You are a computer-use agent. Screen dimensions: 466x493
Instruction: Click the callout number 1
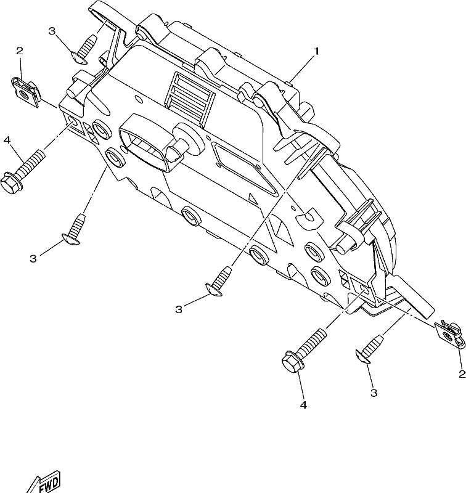tap(317, 51)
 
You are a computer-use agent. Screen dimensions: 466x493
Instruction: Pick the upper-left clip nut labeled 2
tap(26, 92)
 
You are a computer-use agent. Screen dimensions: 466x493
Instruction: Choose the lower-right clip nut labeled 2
tap(449, 334)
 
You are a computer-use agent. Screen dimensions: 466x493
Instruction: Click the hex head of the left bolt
tap(9, 183)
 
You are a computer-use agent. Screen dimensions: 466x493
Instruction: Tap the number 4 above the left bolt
tap(7, 141)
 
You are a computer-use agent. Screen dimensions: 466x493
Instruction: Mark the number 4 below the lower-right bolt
tap(303, 405)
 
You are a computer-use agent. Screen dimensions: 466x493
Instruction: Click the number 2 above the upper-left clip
tap(20, 51)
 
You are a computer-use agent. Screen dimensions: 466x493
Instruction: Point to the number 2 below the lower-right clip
tap(462, 374)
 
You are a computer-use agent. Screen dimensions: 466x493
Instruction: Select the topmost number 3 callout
tap(52, 31)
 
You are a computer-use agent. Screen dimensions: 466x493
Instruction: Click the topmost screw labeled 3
tap(84, 50)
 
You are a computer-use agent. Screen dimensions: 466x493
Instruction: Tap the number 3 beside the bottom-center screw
tap(179, 310)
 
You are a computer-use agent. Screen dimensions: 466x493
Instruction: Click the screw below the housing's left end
tap(73, 230)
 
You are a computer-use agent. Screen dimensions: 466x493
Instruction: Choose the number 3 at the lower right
tap(374, 393)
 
